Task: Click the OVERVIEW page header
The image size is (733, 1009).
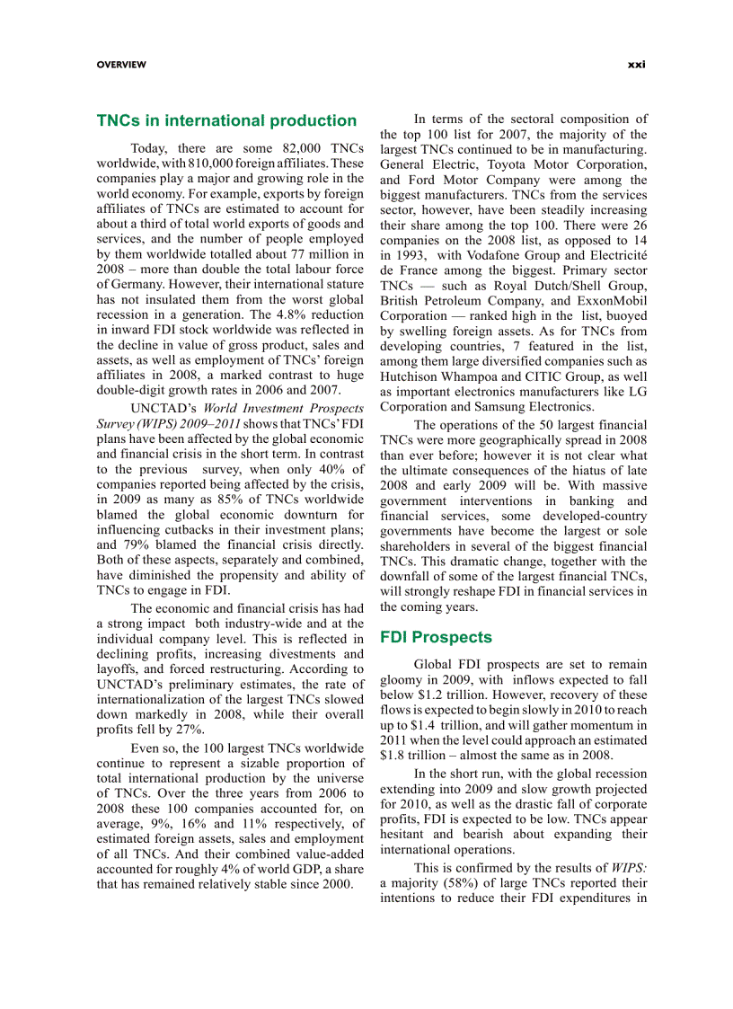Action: [x=121, y=65]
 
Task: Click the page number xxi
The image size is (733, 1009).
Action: [x=637, y=65]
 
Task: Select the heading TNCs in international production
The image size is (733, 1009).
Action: [x=226, y=120]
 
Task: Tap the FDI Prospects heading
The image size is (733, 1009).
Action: [x=436, y=637]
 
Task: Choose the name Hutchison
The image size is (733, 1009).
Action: [x=413, y=376]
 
